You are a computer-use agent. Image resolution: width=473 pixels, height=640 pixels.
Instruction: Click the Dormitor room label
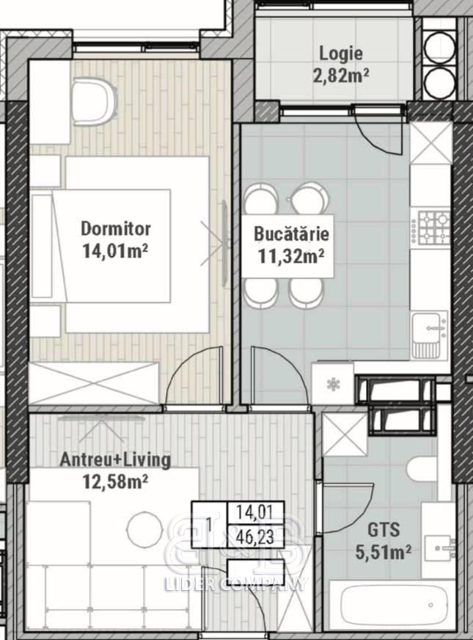(x=116, y=228)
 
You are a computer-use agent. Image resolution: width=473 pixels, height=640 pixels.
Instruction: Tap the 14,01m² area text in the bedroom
(x=114, y=251)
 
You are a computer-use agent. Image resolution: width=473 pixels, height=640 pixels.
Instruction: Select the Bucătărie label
(x=291, y=234)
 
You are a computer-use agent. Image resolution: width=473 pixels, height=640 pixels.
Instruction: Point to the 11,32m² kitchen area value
(x=290, y=256)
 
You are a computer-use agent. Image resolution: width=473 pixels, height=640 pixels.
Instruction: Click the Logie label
(x=341, y=54)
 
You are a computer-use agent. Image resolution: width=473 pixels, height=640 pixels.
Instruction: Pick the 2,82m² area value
(x=341, y=76)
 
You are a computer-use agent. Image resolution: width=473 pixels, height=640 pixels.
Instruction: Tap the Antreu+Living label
(x=115, y=459)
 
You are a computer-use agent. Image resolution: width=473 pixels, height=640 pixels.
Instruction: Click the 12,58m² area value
(x=115, y=481)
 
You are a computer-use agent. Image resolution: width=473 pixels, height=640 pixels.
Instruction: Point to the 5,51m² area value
(x=383, y=552)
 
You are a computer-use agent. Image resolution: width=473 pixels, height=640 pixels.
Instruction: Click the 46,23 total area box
(x=255, y=537)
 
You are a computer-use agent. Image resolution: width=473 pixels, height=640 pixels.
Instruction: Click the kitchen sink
(x=430, y=335)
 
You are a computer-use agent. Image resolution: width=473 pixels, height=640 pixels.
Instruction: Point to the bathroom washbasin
(x=439, y=548)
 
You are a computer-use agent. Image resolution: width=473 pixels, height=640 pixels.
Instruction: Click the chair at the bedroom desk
(x=93, y=102)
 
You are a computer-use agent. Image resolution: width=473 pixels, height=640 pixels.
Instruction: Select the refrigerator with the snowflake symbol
(x=332, y=384)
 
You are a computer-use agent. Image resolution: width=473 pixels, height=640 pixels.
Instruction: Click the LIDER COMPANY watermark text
(x=235, y=584)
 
